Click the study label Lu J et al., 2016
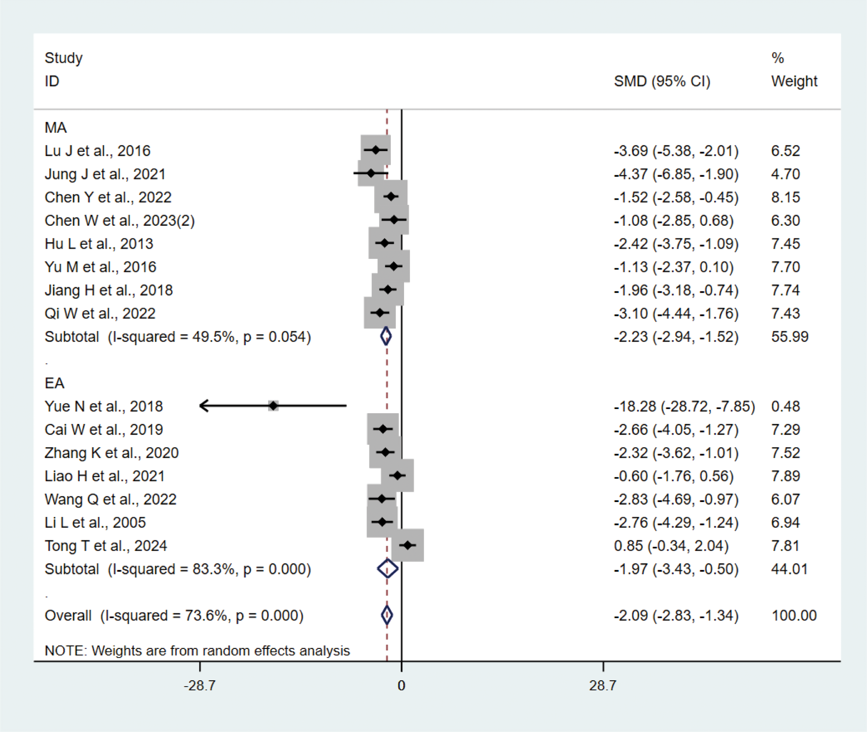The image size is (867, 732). pos(97,151)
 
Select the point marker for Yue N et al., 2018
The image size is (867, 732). pos(273,406)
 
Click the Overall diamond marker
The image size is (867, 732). pos(387,615)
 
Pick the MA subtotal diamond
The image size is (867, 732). pos(386,336)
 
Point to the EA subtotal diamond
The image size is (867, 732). pos(387,569)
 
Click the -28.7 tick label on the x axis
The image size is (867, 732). pos(199,686)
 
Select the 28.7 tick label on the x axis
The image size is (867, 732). pos(602,686)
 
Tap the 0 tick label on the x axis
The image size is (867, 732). pos(401,686)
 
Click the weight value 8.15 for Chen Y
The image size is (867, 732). pos(785,197)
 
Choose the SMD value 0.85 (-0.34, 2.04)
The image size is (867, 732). pos(671,546)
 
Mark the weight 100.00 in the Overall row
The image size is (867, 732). pos(793,615)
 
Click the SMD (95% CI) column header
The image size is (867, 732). pos(662,81)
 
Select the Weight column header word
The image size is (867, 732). pos(794,81)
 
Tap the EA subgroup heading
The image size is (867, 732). pos(54,383)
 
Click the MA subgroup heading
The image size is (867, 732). pos(55,127)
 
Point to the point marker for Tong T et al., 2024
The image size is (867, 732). pos(408,545)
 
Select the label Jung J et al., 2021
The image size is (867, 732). pos(105,174)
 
